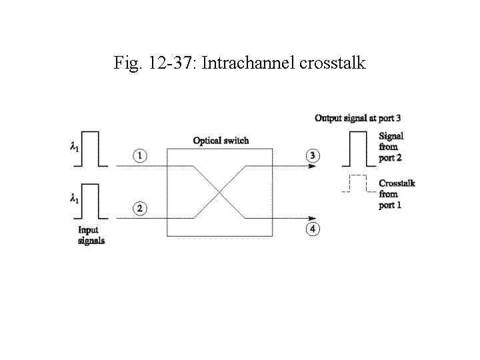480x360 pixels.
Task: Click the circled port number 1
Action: tap(139, 155)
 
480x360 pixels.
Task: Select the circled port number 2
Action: tap(139, 209)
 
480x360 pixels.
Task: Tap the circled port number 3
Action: tap(313, 155)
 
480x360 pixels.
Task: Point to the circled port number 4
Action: tap(313, 230)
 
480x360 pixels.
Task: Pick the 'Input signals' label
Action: tap(91, 235)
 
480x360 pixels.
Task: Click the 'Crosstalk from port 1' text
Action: tap(396, 194)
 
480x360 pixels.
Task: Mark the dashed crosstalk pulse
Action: tap(356, 184)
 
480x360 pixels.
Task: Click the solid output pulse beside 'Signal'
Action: tap(356, 149)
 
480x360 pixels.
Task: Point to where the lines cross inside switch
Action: tap(219, 192)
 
